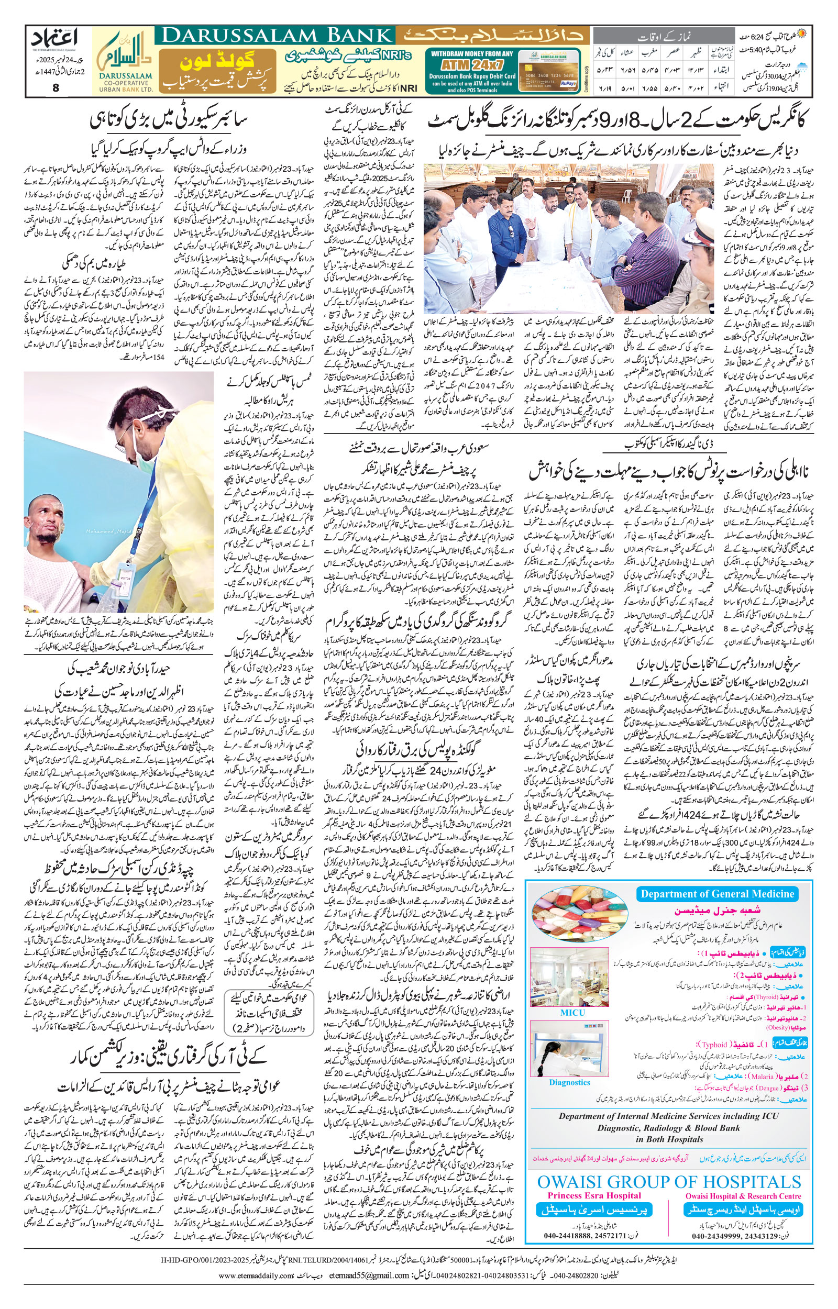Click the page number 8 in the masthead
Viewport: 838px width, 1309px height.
55,87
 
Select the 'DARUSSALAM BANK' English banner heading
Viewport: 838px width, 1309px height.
275,37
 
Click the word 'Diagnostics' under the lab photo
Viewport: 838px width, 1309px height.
569,1082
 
